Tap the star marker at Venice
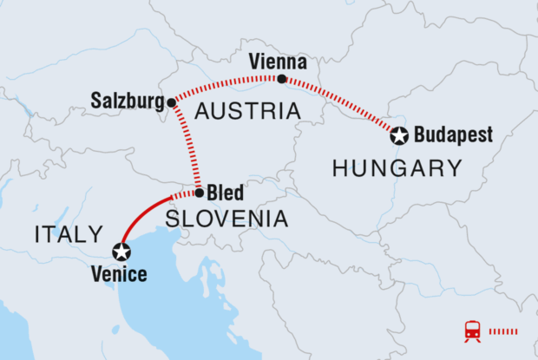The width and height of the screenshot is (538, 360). click(121, 252)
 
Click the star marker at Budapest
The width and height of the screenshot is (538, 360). click(398, 135)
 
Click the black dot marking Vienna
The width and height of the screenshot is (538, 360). click(281, 79)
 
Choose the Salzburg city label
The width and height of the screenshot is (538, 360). click(128, 101)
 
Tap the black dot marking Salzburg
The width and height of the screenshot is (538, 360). click(172, 102)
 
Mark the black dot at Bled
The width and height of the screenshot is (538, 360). click(200, 193)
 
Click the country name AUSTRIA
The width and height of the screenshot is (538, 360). click(247, 111)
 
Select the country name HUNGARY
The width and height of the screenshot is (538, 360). click(397, 168)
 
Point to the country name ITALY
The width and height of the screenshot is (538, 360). click(68, 234)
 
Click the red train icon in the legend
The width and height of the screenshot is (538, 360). click(473, 331)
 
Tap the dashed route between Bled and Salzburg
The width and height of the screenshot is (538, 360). click(188, 147)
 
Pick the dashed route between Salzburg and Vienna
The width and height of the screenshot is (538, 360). click(226, 82)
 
